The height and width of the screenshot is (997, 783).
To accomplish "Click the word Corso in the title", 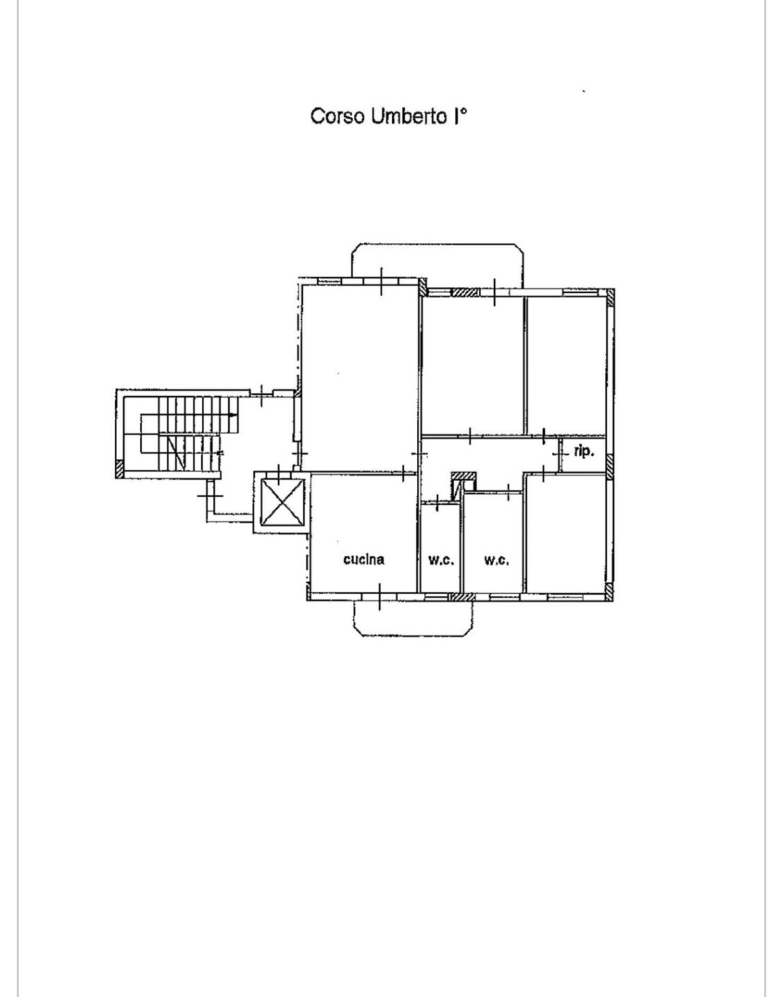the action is (x=338, y=116).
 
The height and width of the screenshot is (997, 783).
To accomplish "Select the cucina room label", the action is (x=364, y=559).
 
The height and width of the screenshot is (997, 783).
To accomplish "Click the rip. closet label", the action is (x=583, y=453).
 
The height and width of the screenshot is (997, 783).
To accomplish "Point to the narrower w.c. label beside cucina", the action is (x=441, y=560).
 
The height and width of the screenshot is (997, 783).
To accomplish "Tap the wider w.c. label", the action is (x=496, y=560).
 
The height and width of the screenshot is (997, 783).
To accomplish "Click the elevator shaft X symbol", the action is (x=282, y=502).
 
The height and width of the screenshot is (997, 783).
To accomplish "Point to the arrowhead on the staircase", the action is (x=234, y=415).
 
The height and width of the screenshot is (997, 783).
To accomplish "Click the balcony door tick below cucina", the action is (x=379, y=597).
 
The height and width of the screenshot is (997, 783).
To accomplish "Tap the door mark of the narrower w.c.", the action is (x=437, y=503).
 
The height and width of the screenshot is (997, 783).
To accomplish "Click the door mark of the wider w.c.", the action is (x=508, y=492).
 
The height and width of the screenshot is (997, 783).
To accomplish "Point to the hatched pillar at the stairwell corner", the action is (x=119, y=469).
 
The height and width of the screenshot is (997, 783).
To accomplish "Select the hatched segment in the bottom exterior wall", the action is (x=461, y=597).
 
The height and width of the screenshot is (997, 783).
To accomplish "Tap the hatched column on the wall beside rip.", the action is (x=610, y=466).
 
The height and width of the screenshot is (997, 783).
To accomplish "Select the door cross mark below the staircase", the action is (x=210, y=496).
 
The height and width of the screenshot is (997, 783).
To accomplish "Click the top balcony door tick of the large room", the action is (x=381, y=281).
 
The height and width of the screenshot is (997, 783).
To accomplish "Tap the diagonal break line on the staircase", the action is (x=177, y=453).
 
